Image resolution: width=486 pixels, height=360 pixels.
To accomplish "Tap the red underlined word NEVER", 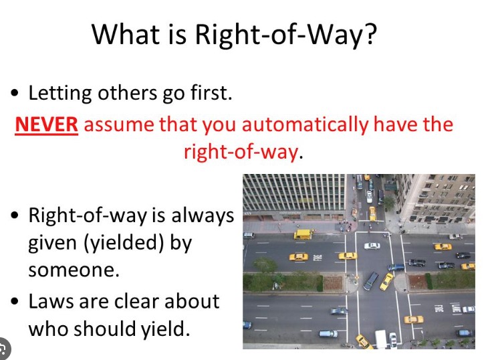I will (46, 125).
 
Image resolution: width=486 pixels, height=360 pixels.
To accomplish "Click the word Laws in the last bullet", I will (51, 301).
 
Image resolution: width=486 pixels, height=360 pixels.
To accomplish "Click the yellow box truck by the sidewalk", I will (303, 234).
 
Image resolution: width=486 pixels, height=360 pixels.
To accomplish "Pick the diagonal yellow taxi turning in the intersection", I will (386, 281).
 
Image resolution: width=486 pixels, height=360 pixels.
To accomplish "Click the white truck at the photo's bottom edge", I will (381, 339).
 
